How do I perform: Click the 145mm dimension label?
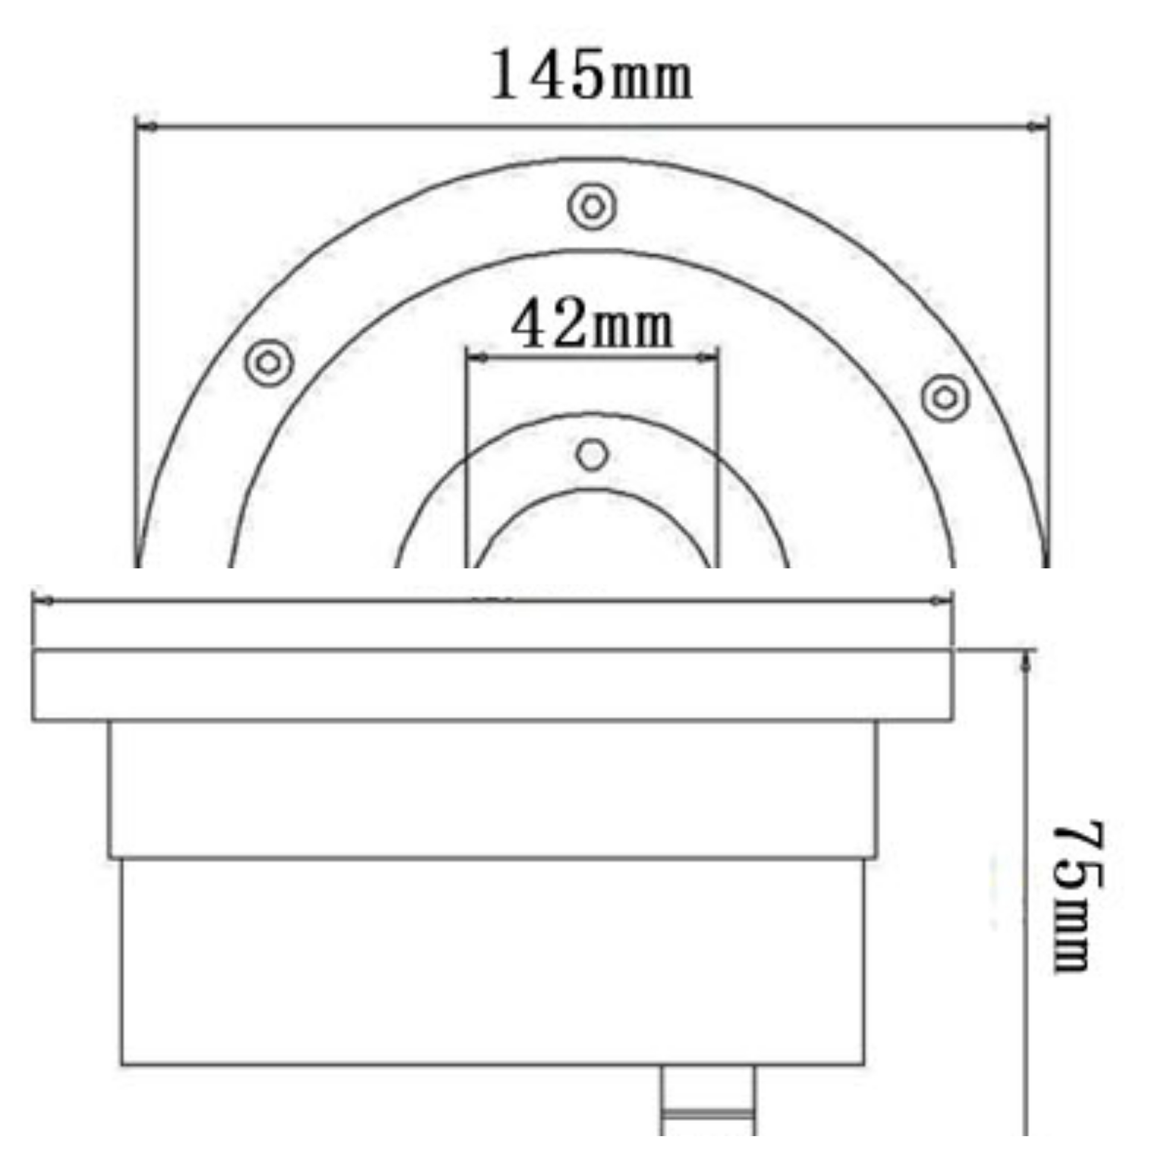pyautogui.click(x=591, y=75)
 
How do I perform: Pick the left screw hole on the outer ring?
pyautogui.click(x=269, y=362)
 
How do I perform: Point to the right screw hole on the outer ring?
pyautogui.click(x=945, y=397)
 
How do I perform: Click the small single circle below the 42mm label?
pyautogui.click(x=592, y=455)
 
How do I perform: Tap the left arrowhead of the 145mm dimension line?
pyautogui.click(x=147, y=126)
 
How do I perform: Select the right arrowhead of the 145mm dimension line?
pyautogui.click(x=1038, y=125)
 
